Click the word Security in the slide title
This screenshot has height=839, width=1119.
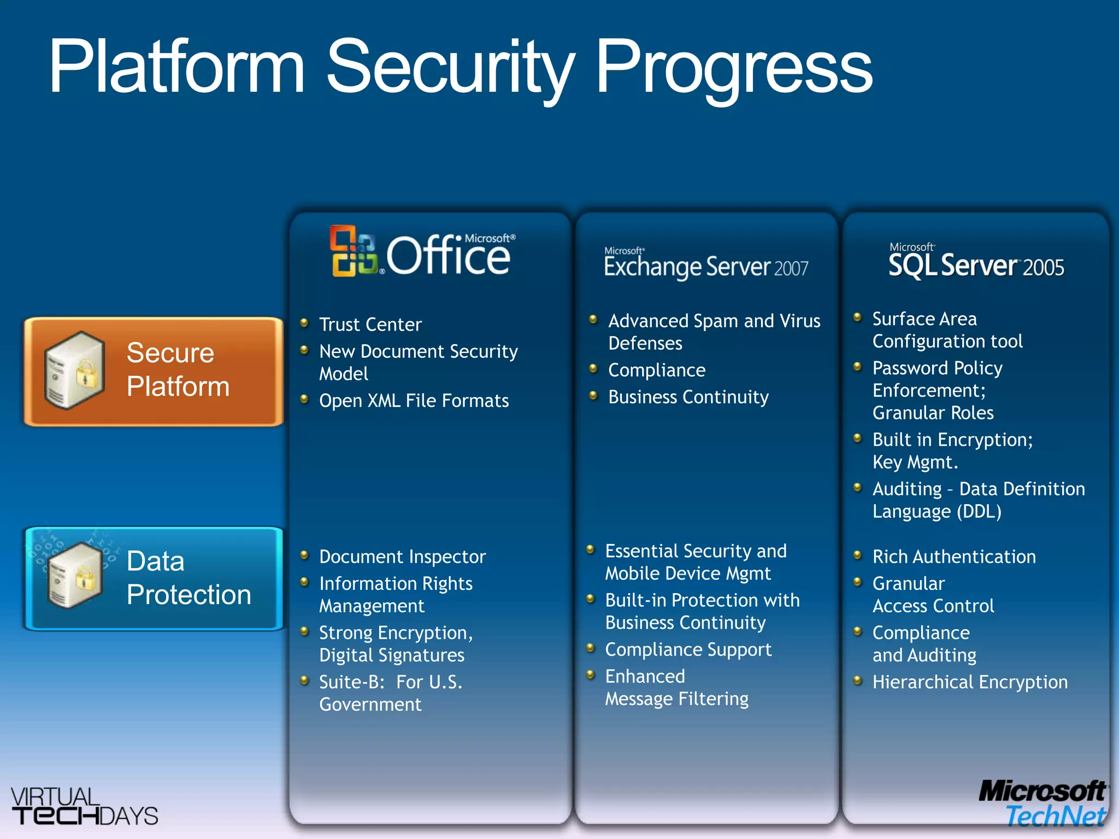449,68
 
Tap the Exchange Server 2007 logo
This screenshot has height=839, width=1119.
705,265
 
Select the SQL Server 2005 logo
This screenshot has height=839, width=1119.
976,263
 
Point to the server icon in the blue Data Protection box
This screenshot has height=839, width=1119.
75,575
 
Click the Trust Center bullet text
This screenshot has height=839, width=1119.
370,324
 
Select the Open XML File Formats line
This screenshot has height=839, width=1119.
414,400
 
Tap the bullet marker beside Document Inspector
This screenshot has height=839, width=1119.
305,556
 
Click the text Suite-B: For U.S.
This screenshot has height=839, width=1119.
390,682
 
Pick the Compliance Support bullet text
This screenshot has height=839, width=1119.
688,649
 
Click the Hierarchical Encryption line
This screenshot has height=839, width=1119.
969,682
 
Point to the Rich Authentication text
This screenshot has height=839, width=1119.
953,556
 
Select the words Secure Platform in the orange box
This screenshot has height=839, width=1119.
178,369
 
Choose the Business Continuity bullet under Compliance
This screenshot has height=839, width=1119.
688,397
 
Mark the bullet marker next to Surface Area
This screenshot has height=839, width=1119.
857,317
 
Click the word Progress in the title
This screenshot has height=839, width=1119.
733,68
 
